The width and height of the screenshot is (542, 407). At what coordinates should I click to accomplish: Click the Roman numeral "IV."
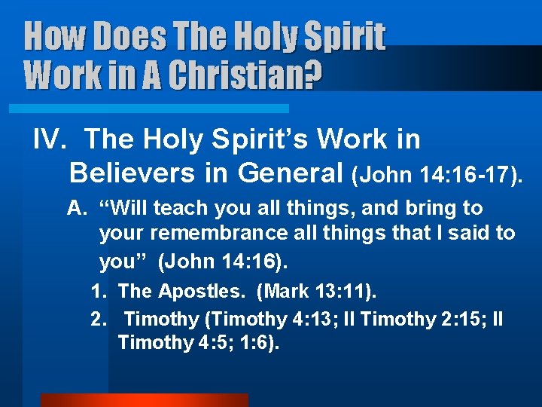click(x=53, y=139)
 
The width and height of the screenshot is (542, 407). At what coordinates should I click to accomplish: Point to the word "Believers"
click(x=131, y=173)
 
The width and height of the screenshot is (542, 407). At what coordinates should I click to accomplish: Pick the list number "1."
click(x=99, y=291)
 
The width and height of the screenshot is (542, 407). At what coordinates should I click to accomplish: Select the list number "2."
click(x=99, y=320)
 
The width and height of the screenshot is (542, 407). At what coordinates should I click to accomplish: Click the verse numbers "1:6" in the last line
click(x=263, y=343)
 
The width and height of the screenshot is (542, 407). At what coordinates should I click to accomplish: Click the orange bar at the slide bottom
click(x=144, y=399)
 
